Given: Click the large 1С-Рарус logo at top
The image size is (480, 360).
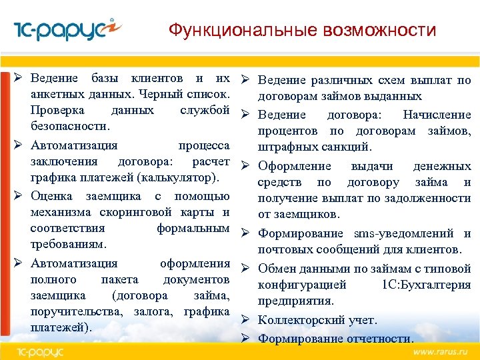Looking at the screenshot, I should point(67,30).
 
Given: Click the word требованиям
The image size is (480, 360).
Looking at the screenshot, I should point(65,244).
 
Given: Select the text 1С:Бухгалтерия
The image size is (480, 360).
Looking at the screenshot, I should point(426,285).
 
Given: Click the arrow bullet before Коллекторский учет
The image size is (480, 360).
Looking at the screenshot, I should point(245,320).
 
